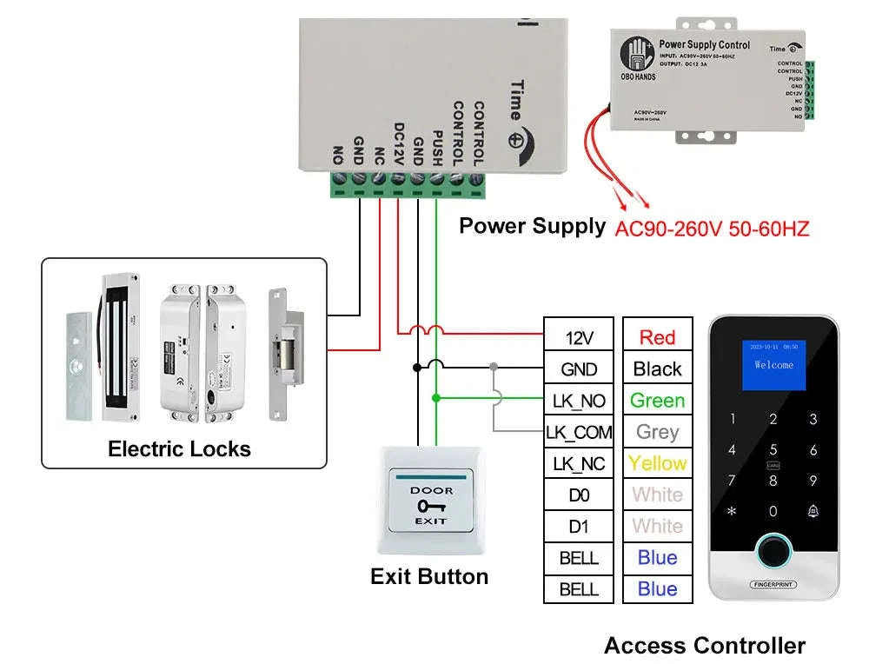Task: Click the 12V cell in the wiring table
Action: (579, 337)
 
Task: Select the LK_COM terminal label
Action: (579, 432)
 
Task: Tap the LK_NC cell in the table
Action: (579, 463)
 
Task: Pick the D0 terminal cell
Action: (579, 495)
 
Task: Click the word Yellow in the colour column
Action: (657, 463)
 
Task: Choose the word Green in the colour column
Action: (657, 401)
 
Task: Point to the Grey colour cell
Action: (657, 432)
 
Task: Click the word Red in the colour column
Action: (657, 337)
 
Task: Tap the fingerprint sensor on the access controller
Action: (773, 550)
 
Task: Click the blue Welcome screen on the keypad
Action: (773, 364)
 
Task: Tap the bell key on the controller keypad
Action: (813, 511)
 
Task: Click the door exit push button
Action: (430, 502)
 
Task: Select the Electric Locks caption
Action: (179, 449)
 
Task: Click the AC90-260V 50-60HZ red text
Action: (712, 229)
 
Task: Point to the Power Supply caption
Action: (532, 226)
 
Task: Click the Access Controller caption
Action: (705, 646)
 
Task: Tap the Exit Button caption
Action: (429, 576)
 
